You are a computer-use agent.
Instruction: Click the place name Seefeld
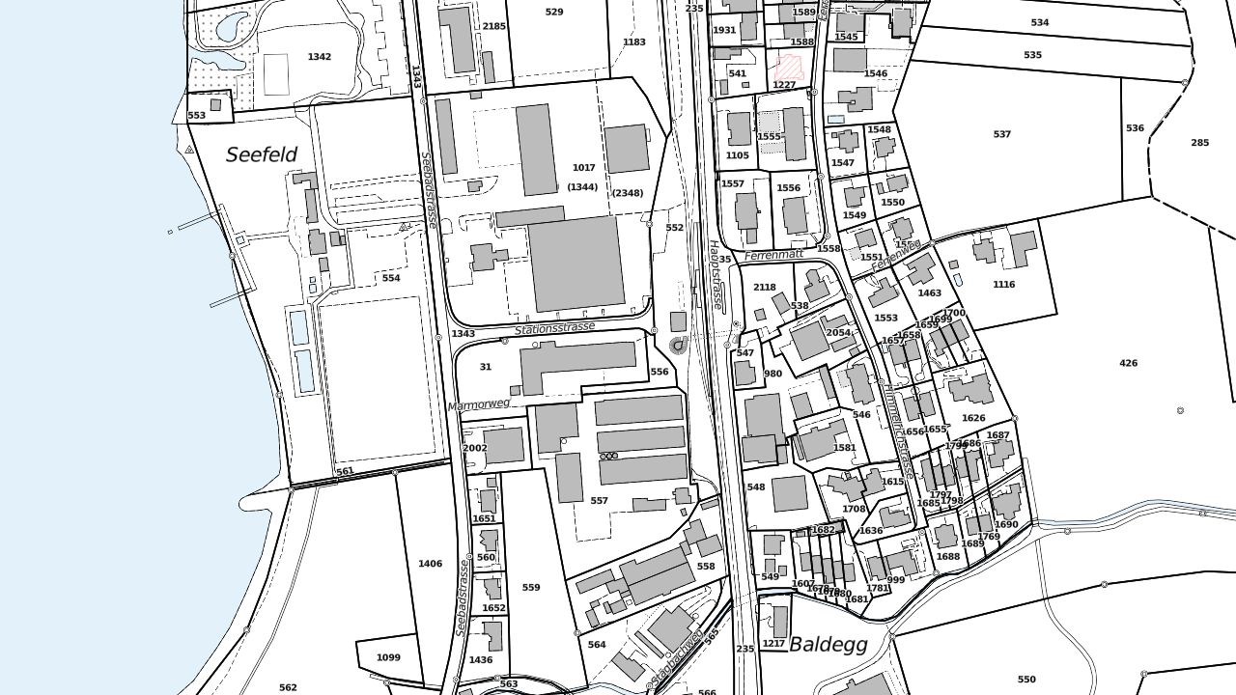coord(262,154)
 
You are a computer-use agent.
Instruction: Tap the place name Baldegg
coord(829,644)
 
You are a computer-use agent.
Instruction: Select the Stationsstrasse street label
coord(554,329)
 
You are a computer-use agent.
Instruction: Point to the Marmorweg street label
coord(479,404)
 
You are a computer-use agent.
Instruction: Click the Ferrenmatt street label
coord(773,256)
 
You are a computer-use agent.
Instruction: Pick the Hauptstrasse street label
coord(716,274)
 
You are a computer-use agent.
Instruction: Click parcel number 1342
coord(320,57)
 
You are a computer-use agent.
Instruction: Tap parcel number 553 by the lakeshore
coord(197,116)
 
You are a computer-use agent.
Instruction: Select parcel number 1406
coord(431,564)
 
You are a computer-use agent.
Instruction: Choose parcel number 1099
coord(388,657)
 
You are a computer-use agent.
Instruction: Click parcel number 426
coord(1128,363)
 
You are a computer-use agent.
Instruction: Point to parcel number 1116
coord(1004,285)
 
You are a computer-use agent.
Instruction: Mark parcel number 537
coord(1002,134)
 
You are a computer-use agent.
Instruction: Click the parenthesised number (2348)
coord(627,193)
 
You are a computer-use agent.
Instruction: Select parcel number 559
coord(531,587)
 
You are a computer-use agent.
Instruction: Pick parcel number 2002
coord(475,448)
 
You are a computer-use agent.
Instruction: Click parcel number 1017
coord(584,168)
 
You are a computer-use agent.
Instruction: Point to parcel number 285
coord(1199,143)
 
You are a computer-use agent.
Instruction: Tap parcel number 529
coord(554,13)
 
